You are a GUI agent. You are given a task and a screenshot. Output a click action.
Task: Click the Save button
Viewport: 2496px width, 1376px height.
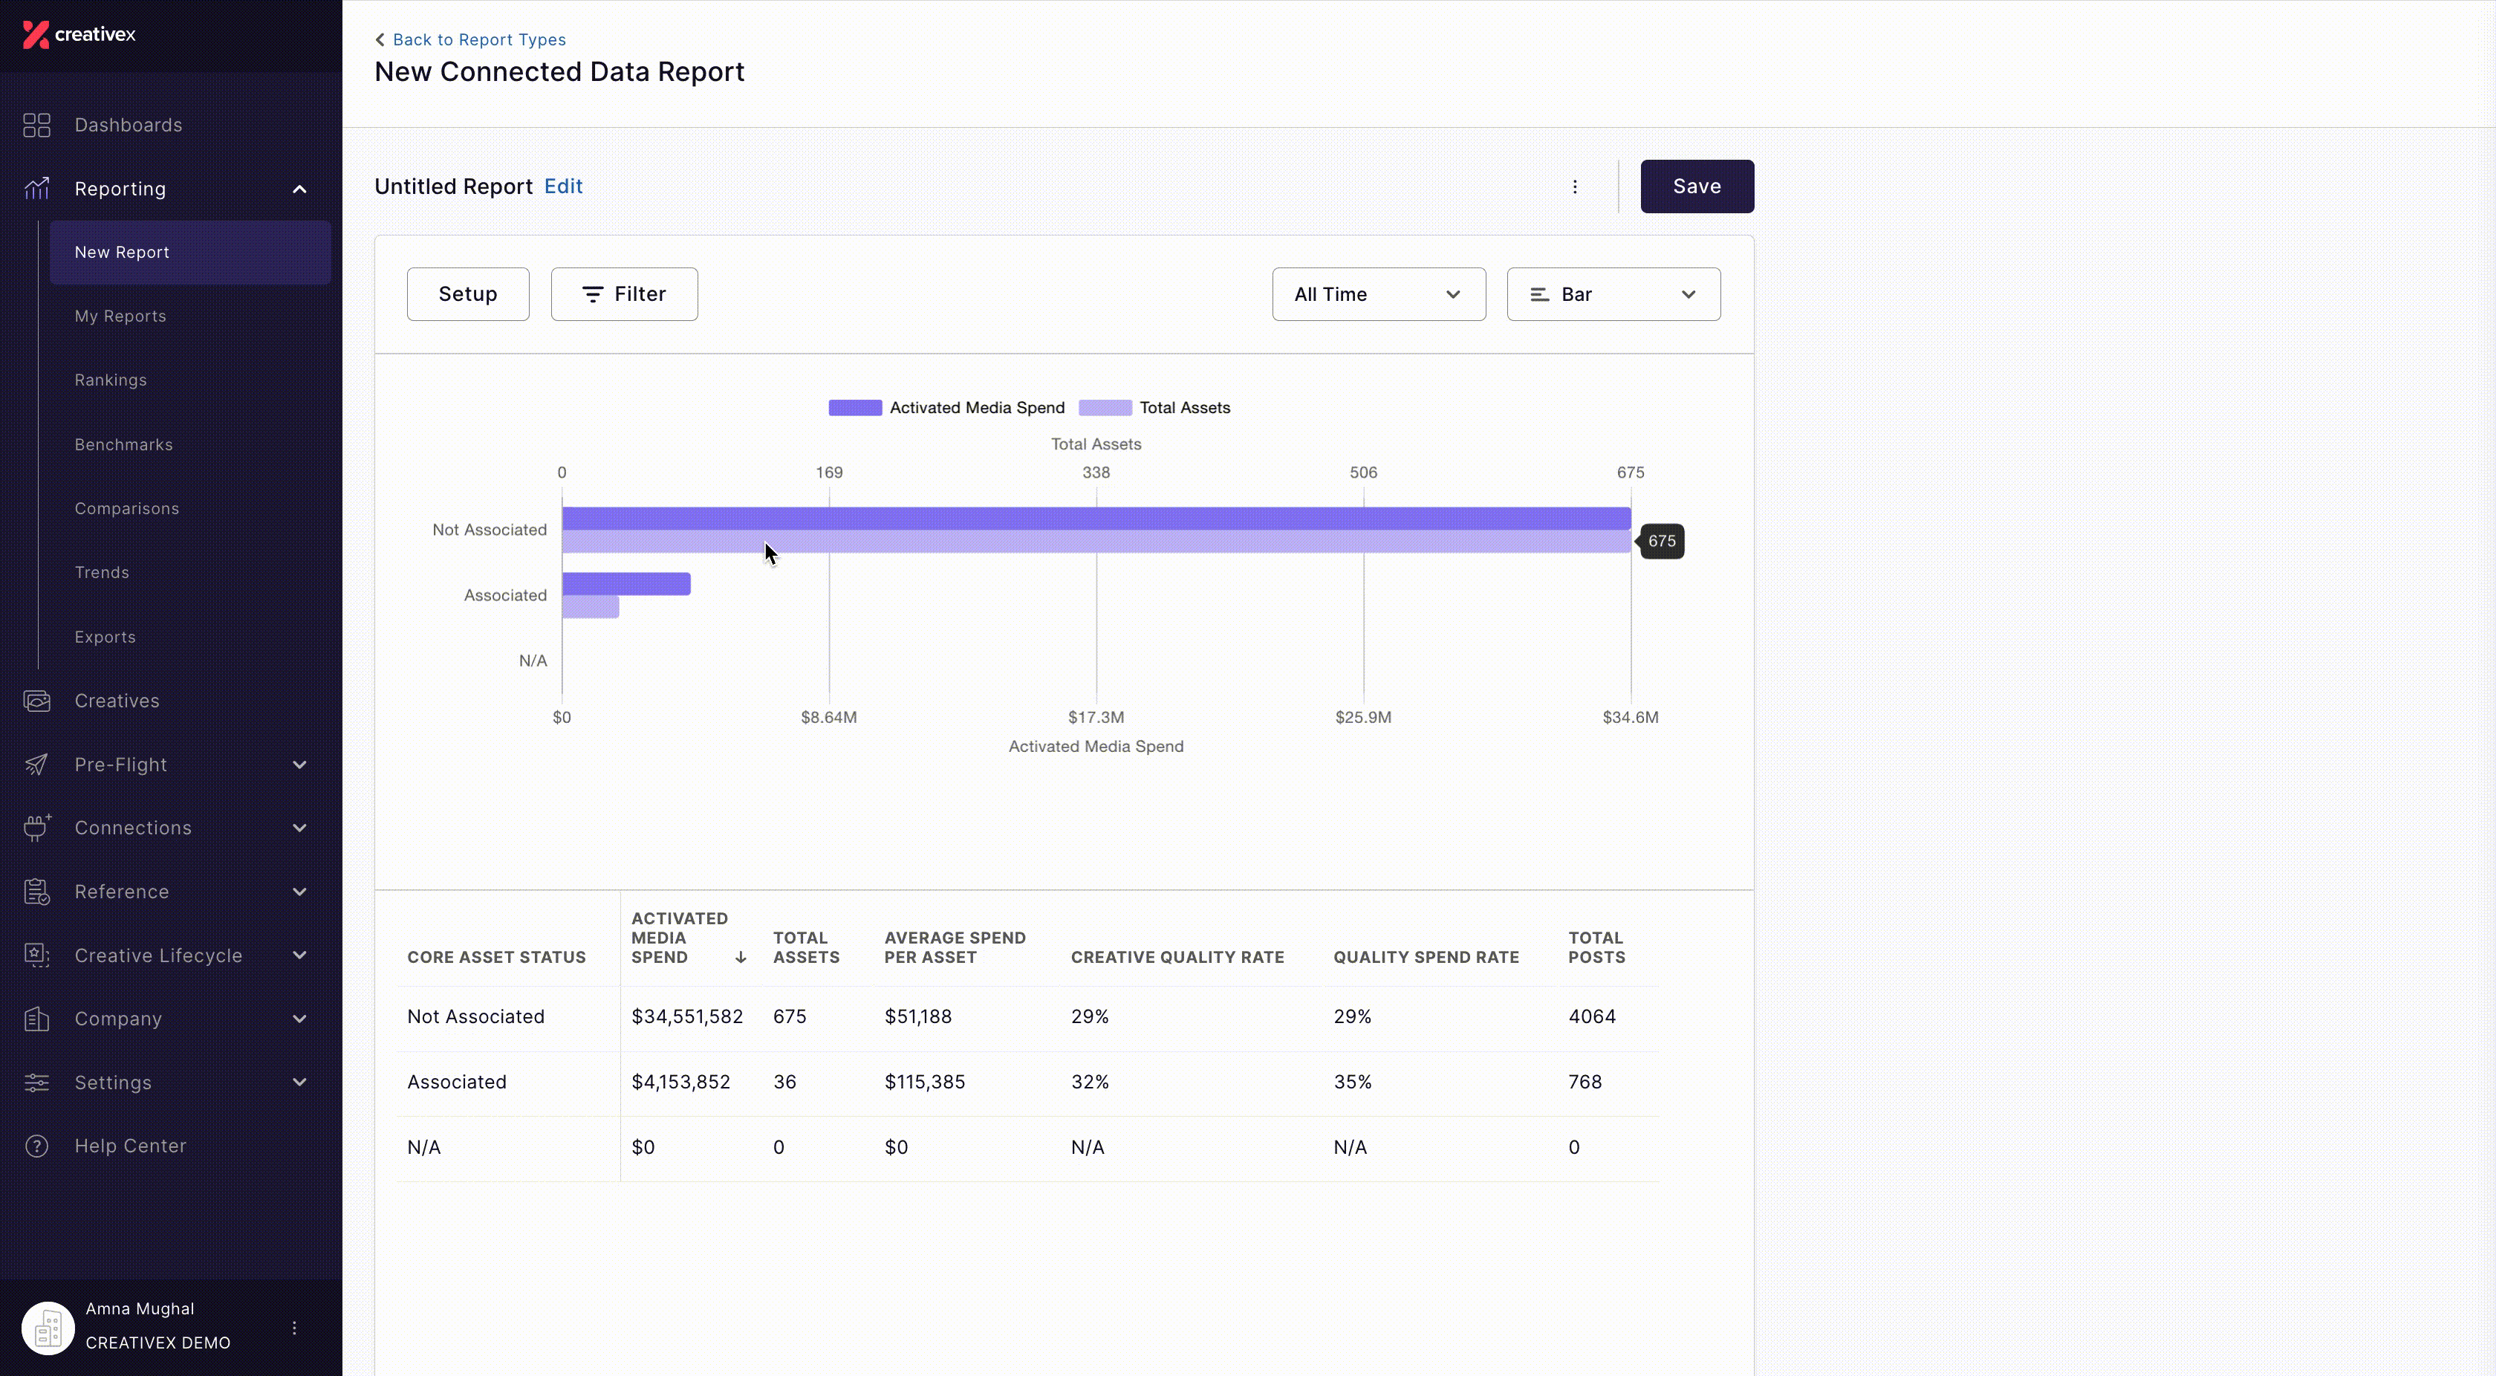pyautogui.click(x=1697, y=186)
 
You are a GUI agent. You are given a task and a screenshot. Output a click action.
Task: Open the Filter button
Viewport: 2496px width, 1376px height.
pyautogui.click(x=624, y=293)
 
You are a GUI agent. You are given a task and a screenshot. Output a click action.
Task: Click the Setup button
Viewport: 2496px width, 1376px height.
pyautogui.click(x=468, y=293)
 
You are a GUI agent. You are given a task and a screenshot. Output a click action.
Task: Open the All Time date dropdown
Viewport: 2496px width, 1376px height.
pyautogui.click(x=1378, y=293)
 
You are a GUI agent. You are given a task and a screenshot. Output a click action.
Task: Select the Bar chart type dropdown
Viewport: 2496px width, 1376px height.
pyautogui.click(x=1613, y=293)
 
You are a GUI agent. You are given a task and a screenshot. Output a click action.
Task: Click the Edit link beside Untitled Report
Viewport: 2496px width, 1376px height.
pyautogui.click(x=563, y=186)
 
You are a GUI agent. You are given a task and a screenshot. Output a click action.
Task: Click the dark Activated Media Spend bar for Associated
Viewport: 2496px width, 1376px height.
pyautogui.click(x=626, y=583)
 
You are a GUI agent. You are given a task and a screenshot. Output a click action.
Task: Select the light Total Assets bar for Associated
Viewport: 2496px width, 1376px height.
pyautogui.click(x=590, y=606)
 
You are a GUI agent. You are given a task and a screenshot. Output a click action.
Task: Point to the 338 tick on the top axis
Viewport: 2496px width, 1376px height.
pyautogui.click(x=1096, y=473)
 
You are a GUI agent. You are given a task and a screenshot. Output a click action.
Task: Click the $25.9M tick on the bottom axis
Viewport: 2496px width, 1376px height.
pyautogui.click(x=1363, y=717)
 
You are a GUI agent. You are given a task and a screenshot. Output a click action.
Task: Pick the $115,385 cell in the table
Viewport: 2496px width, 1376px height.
pyautogui.click(x=924, y=1082)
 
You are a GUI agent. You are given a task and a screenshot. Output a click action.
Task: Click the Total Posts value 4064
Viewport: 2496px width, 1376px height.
pyautogui.click(x=1592, y=1016)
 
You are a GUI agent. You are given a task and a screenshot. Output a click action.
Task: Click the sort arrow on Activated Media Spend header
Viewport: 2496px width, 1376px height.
pyautogui.click(x=741, y=958)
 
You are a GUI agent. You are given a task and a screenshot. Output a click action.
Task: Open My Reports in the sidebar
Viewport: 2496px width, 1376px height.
pyautogui.click(x=120, y=316)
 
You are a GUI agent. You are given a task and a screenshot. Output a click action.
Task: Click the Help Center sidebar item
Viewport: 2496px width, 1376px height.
pyautogui.click(x=130, y=1146)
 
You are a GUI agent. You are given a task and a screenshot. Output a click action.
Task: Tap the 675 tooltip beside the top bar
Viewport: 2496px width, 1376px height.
pyautogui.click(x=1661, y=541)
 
